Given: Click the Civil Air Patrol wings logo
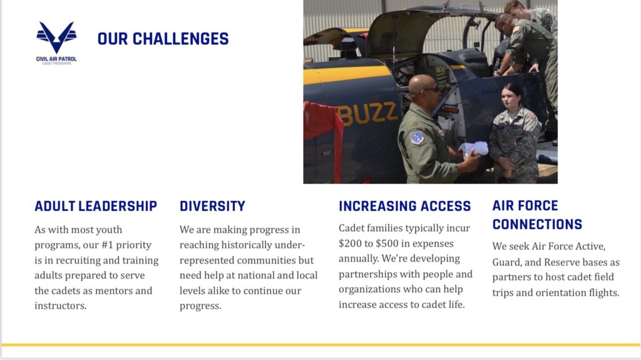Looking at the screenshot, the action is (x=56, y=37).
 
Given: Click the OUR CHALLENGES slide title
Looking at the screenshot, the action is (x=163, y=39).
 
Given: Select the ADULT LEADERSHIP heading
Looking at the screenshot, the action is (x=96, y=206).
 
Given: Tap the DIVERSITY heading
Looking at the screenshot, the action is (x=213, y=206).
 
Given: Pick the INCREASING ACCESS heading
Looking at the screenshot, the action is (x=405, y=206).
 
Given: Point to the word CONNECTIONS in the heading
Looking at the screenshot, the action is (x=537, y=224).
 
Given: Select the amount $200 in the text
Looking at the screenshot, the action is (x=350, y=244).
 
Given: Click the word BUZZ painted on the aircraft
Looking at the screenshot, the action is (x=367, y=113).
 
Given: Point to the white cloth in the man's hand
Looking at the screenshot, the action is (x=474, y=149).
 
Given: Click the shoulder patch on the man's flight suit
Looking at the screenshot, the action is (x=417, y=138).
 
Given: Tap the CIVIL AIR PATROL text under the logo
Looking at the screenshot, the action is (x=56, y=59).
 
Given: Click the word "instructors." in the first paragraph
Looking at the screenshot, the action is (x=61, y=306).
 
